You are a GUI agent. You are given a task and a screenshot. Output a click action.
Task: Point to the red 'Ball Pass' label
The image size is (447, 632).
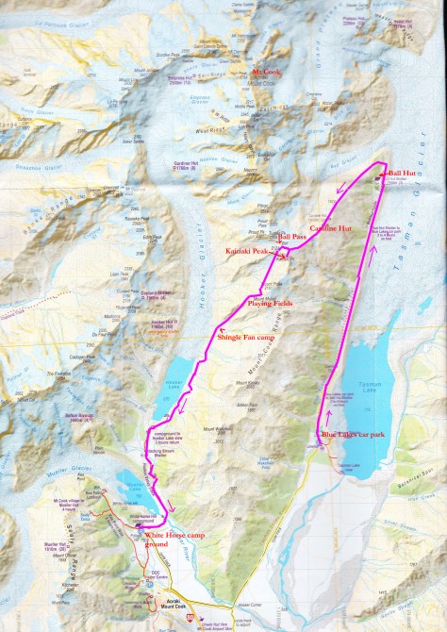click(x=291, y=238)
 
